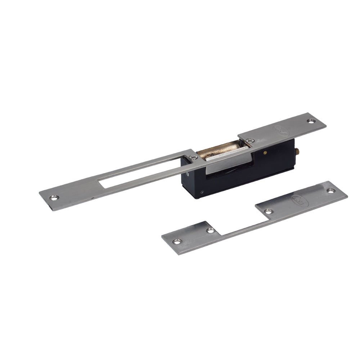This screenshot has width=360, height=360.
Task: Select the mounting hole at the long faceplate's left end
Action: coord(54,197)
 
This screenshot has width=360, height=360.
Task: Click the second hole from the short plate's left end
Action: coord(210,230)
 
